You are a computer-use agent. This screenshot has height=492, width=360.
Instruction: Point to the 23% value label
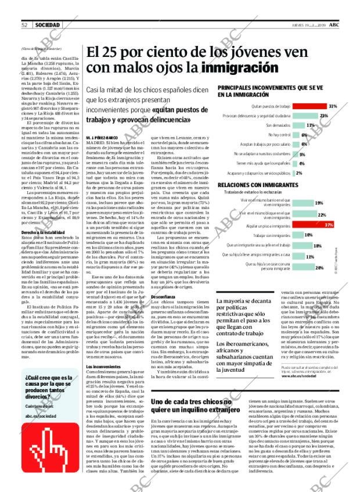click(x=323, y=116)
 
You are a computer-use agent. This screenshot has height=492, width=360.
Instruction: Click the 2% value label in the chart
click(x=298, y=173)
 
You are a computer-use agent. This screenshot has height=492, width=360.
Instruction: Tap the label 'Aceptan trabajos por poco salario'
click(x=266, y=145)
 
